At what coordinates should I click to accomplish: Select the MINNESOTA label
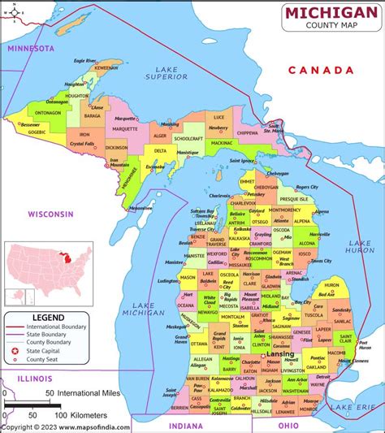pyautogui.click(x=31, y=49)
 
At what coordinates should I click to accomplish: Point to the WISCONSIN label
pyautogui.click(x=50, y=214)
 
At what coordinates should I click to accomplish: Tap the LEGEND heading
pyautogui.click(x=47, y=316)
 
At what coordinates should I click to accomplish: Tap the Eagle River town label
pyautogui.click(x=85, y=60)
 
